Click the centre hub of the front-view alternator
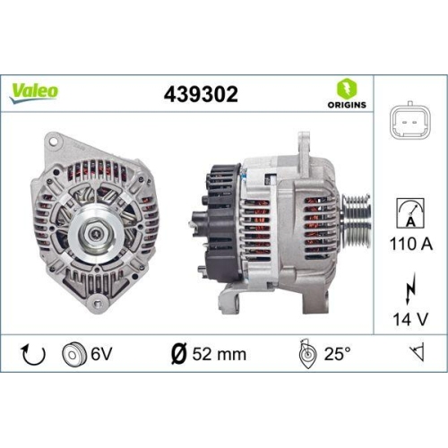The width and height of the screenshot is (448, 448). (94, 236)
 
